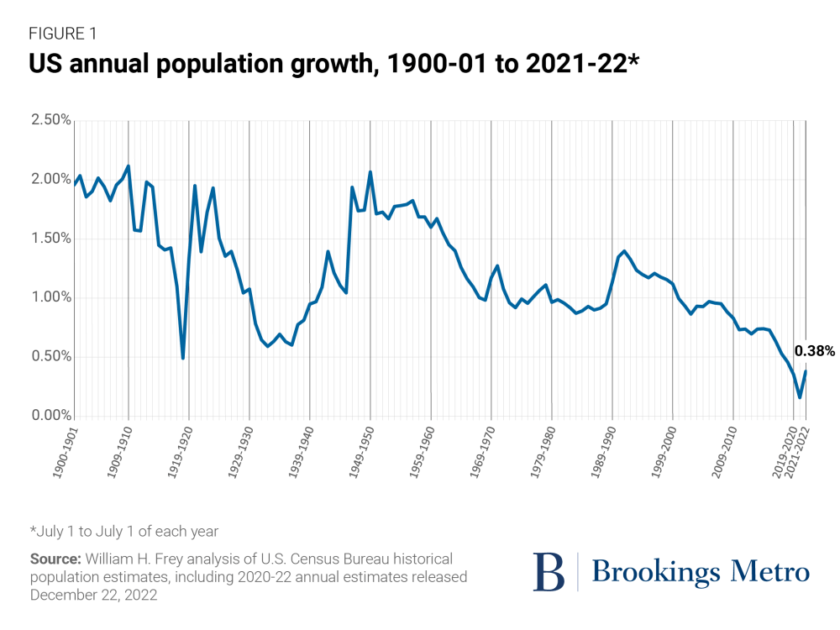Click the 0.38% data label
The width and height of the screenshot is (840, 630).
coord(814,352)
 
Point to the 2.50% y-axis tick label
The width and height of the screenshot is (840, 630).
coord(50,120)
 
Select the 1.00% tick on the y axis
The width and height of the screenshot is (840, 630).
coord(50,297)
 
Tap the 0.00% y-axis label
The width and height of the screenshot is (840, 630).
coord(50,416)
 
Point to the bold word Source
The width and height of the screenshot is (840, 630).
coord(52,559)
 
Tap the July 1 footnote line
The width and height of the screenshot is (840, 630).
coord(124,531)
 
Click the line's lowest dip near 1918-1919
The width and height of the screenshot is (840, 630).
coord(182,358)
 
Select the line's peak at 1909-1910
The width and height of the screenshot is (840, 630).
coord(128,166)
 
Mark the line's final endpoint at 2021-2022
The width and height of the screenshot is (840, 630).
coord(806,371)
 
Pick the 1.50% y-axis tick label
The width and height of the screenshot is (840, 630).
coord(50,239)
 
